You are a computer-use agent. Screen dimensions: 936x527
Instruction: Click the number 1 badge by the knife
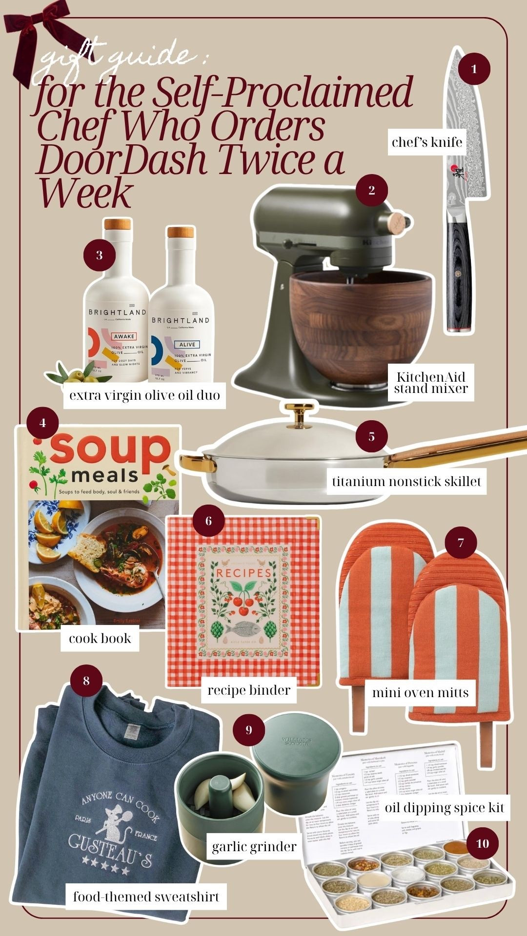click(x=474, y=69)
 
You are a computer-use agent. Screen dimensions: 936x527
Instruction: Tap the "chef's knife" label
click(x=427, y=142)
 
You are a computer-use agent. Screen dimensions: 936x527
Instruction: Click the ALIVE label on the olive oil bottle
click(x=187, y=344)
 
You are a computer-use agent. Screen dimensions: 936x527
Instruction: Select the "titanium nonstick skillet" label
click(x=406, y=482)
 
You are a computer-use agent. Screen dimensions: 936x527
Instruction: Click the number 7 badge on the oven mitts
click(x=460, y=542)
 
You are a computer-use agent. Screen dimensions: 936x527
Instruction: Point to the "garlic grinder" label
click(x=254, y=846)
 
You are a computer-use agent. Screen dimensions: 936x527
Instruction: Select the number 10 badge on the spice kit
click(x=482, y=843)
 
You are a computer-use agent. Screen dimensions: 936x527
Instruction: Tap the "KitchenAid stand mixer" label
click(x=431, y=383)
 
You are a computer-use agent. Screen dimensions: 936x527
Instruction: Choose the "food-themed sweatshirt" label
click(x=146, y=897)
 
